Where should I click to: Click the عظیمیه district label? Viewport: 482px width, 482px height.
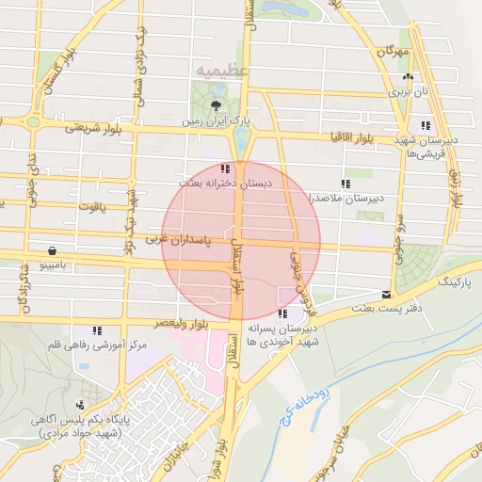pyautogui.click(x=223, y=70)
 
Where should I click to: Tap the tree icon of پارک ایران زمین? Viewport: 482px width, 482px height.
pyautogui.click(x=217, y=105)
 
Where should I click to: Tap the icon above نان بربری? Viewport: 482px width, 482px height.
pyautogui.click(x=407, y=78)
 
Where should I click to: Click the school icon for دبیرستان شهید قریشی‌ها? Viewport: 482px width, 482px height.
pyautogui.click(x=426, y=124)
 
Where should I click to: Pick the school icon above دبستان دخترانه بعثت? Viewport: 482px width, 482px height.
pyautogui.click(x=224, y=168)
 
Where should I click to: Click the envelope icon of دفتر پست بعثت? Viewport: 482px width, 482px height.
pyautogui.click(x=386, y=295)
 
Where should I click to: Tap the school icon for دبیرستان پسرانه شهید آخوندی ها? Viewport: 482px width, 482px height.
pyautogui.click(x=282, y=313)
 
